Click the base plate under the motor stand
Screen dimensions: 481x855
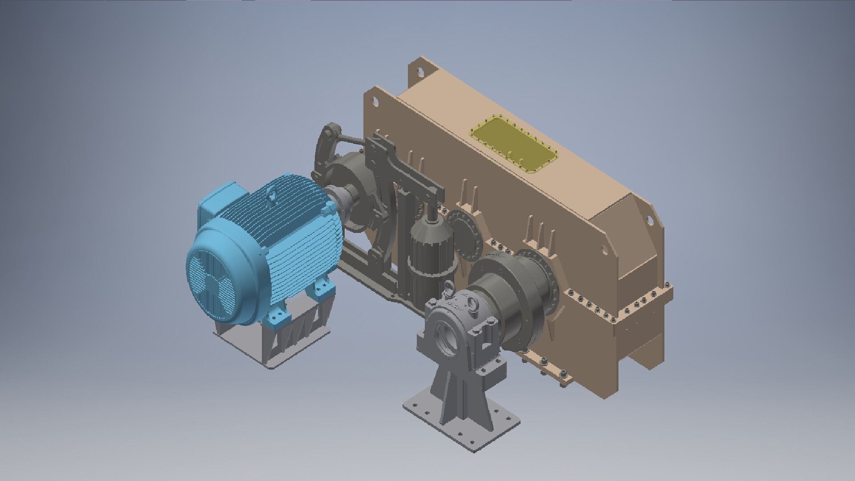[x=272, y=352]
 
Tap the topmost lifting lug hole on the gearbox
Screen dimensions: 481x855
[x=419, y=70]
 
